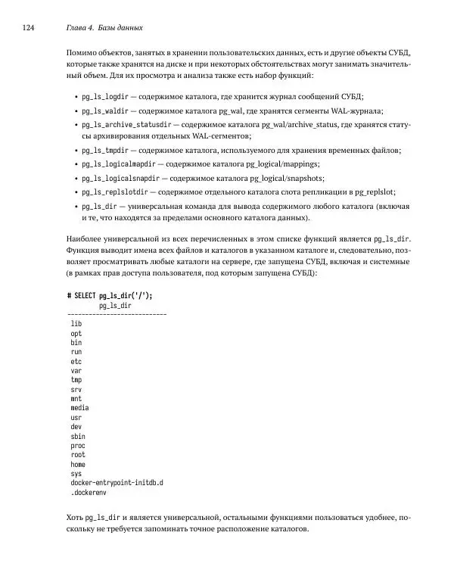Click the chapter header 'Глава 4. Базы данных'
click(105, 29)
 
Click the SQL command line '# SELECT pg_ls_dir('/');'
click(114, 295)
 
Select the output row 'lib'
click(76, 323)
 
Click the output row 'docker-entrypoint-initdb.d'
click(117, 482)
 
